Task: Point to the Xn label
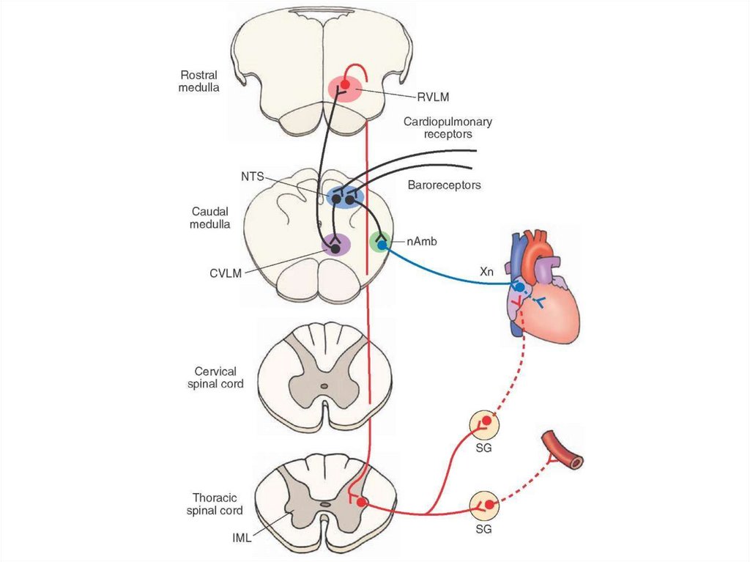(487, 272)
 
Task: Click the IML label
(240, 538)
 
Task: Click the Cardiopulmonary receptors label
(448, 127)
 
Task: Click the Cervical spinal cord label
(215, 377)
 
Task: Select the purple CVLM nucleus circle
(335, 246)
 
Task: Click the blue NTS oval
(344, 196)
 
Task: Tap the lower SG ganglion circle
(484, 505)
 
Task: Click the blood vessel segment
(562, 450)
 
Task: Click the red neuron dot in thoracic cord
(361, 503)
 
